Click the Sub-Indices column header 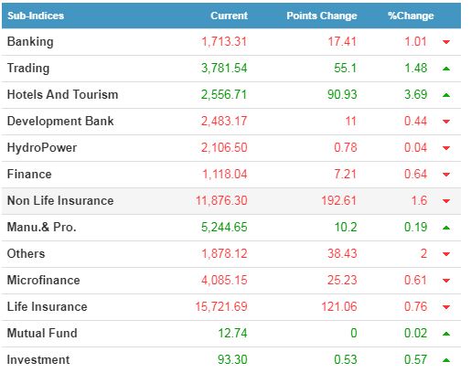(36, 16)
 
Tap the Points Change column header (322, 16)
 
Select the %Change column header (411, 16)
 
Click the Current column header (229, 16)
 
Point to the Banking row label (30, 42)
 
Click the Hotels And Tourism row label (62, 94)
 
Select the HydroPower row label (42, 148)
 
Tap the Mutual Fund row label (42, 333)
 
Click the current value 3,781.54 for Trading (224, 69)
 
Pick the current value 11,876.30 (221, 201)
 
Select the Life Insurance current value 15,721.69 (221, 306)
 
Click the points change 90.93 (342, 94)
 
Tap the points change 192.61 (339, 201)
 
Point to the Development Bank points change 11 (351, 122)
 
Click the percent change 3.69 (416, 94)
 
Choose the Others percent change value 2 (423, 254)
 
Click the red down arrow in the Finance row (446, 175)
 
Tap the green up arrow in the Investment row (446, 360)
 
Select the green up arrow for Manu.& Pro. (446, 228)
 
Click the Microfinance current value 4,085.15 (224, 281)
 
